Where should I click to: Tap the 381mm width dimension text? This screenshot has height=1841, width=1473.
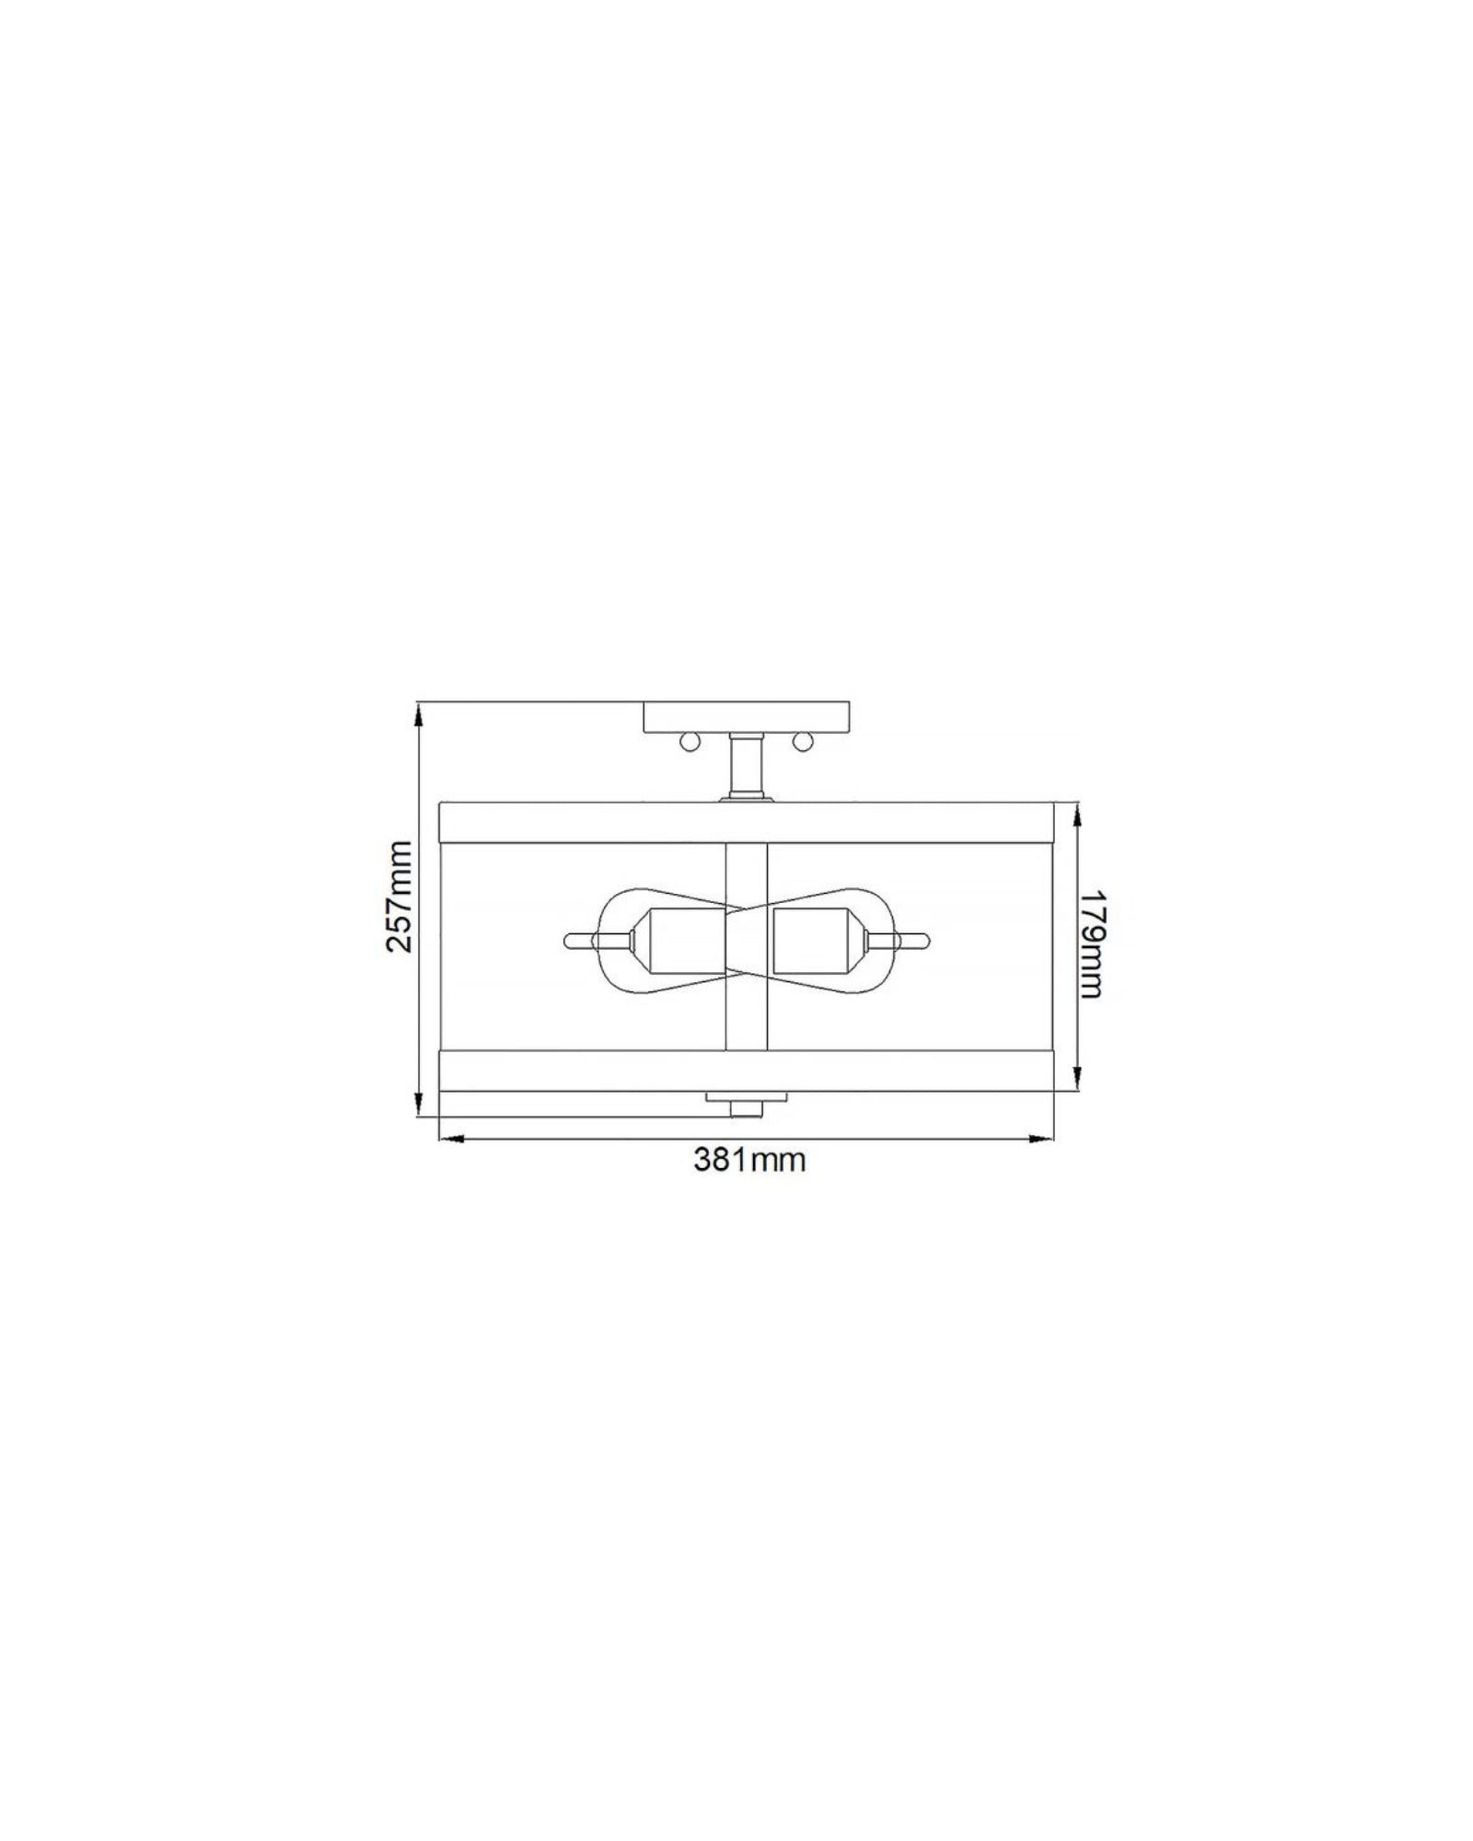click(x=748, y=1159)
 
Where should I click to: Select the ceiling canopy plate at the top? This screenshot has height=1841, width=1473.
click(x=748, y=717)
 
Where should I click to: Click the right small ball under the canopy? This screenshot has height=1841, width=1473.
click(x=807, y=741)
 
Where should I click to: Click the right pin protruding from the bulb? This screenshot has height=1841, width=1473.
click(x=917, y=941)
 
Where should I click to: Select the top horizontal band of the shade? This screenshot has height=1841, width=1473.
click(x=747, y=822)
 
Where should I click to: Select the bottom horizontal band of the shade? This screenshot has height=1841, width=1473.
click(x=747, y=1071)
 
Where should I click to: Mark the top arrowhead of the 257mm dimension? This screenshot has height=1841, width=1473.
click(x=419, y=710)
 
